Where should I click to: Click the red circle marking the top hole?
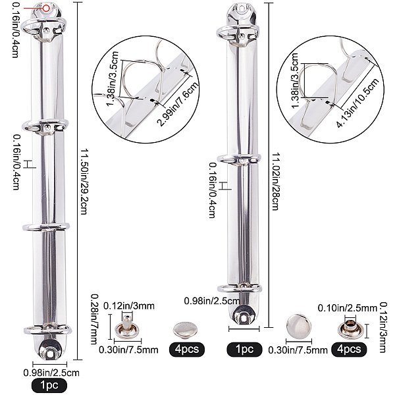pos(46,9)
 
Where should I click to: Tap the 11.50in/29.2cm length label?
pos(84,182)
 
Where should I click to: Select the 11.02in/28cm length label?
pos(276,181)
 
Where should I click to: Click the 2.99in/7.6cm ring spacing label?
pos(178,104)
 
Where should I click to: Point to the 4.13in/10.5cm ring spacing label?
pos(358,103)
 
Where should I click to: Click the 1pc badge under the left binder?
pos(49,385)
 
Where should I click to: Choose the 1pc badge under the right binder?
pos(244,350)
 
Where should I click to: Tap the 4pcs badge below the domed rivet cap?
pos(187,350)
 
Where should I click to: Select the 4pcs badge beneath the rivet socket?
pos(349,350)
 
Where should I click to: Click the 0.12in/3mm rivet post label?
pos(129,306)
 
